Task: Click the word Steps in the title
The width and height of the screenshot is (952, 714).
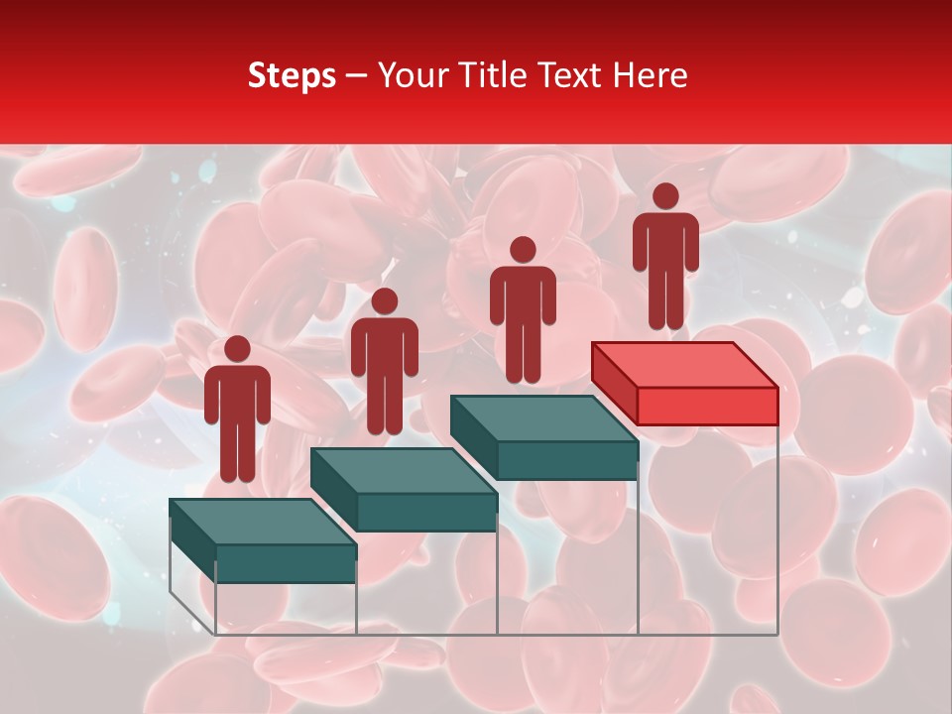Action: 292,76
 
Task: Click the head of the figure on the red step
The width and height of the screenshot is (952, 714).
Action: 665,196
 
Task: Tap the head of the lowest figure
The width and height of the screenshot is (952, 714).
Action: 237,349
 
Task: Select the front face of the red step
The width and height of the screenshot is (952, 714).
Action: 707,406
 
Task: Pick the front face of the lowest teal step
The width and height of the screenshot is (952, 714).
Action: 286,563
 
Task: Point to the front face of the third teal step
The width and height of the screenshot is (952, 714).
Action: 567,460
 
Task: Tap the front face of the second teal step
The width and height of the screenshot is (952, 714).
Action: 426,512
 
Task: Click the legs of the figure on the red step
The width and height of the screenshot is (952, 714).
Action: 665,297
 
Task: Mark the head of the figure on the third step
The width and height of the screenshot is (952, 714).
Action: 523,250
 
